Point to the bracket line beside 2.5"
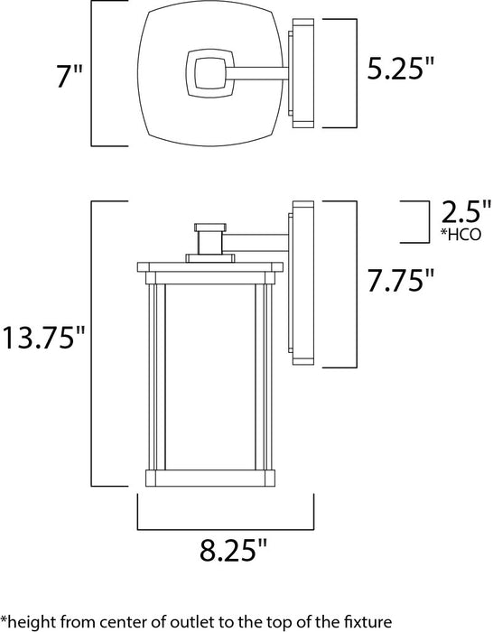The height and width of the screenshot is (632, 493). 425,222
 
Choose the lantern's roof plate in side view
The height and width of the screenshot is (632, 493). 209,266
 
